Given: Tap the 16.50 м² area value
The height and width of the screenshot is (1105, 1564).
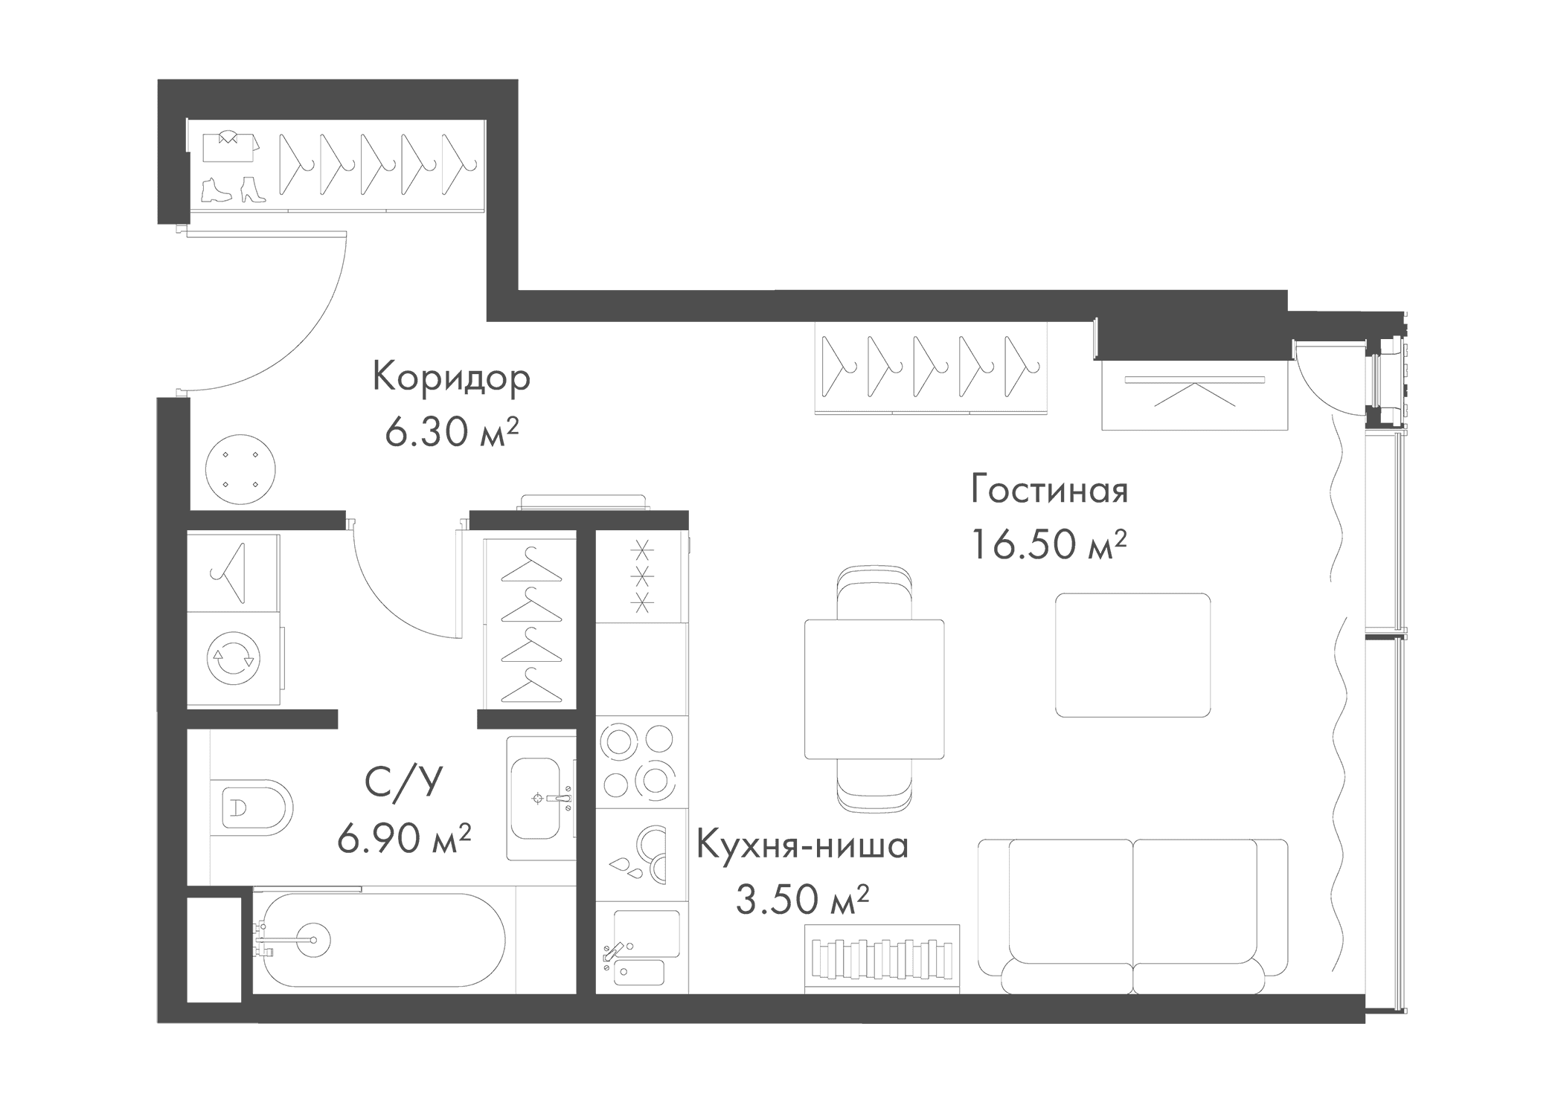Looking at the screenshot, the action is pyautogui.click(x=1048, y=544).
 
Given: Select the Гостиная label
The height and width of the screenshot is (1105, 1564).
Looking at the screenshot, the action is pyautogui.click(x=1049, y=490).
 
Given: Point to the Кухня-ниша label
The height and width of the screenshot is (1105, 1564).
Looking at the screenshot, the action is pyautogui.click(x=802, y=846).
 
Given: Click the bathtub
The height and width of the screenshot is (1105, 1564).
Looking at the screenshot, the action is pyautogui.click(x=379, y=940).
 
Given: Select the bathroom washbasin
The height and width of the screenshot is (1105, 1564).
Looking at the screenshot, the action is pyautogui.click(x=542, y=799).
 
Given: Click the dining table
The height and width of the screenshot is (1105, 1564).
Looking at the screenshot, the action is pyautogui.click(x=874, y=689).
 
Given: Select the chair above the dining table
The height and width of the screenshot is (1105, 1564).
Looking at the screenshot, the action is pyautogui.click(x=874, y=593).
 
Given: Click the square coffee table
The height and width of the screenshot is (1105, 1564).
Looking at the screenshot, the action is pyautogui.click(x=1132, y=655).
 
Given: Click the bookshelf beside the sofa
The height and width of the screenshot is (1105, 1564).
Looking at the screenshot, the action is pyautogui.click(x=882, y=960).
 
